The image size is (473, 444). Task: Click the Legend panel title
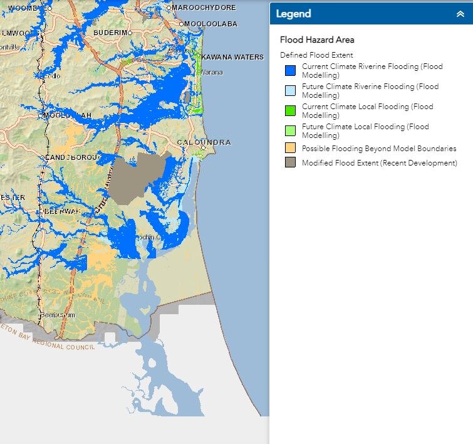coord(293,14)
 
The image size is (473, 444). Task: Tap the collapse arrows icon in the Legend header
coord(460,14)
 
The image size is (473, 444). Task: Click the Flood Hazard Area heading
coord(317,40)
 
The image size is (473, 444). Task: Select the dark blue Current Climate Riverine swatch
coord(289,70)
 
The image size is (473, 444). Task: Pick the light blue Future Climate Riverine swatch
coord(289,90)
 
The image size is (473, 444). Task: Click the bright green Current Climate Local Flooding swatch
coord(289,110)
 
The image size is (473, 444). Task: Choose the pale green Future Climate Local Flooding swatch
coord(289,130)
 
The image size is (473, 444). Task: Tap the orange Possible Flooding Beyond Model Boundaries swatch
coord(289,149)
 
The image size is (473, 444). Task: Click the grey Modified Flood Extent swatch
coord(289,163)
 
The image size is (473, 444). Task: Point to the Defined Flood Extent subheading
coord(316,55)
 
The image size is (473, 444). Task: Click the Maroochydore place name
coord(204,8)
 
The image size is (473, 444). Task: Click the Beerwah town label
coord(61,212)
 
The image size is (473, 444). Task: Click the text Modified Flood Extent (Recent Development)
coord(379,163)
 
